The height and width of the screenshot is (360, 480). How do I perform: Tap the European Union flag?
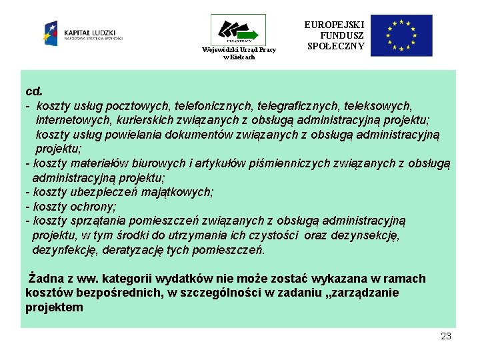click(x=401, y=35)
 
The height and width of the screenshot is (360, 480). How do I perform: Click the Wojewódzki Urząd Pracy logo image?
click(x=238, y=31)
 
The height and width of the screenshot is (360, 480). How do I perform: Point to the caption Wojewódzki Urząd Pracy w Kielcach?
click(x=238, y=53)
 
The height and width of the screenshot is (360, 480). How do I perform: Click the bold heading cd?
click(x=33, y=91)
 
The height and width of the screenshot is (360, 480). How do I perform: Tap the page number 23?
click(x=446, y=336)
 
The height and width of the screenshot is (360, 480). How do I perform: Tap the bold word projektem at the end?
click(x=55, y=307)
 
